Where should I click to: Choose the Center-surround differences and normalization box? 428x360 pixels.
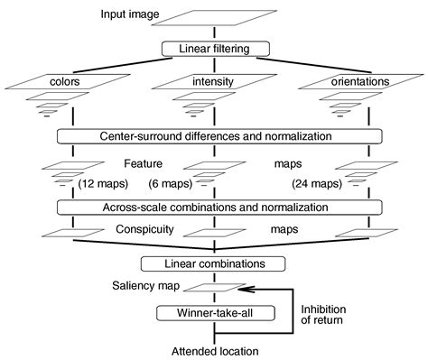[x=213, y=136]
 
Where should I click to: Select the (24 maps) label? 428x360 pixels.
[x=318, y=184]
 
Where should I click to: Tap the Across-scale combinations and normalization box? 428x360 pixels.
[x=213, y=207]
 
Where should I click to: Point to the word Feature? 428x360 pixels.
[x=143, y=163]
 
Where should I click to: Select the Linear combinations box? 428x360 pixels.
[x=213, y=264]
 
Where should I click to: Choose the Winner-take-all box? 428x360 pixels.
[x=213, y=313]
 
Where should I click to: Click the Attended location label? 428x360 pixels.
[x=213, y=350]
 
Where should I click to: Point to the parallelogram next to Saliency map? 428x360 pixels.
[x=213, y=288]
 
